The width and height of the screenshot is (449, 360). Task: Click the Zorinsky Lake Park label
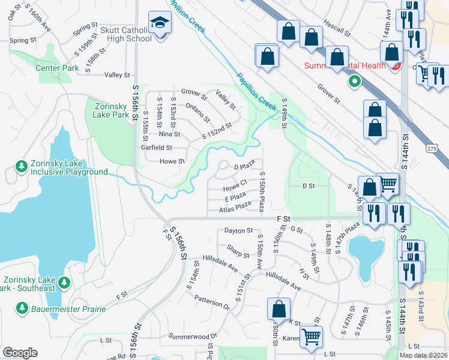pos(112,110)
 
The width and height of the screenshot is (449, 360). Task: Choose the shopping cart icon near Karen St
pos(311,336)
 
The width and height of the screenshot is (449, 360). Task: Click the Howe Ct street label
pos(235,182)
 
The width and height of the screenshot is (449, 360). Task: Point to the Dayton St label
pos(239,230)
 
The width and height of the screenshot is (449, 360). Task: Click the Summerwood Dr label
pos(193,336)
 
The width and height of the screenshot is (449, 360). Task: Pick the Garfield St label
pos(156,147)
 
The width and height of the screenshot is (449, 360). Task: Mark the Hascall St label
pos(336,30)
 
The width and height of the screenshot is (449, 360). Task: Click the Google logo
pos(20,353)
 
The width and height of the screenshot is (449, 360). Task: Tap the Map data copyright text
pos(424,355)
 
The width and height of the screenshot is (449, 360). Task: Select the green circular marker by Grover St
pos(355,81)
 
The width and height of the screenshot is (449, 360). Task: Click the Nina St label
pos(169,134)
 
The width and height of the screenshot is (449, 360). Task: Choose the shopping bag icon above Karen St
pos(279,309)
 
